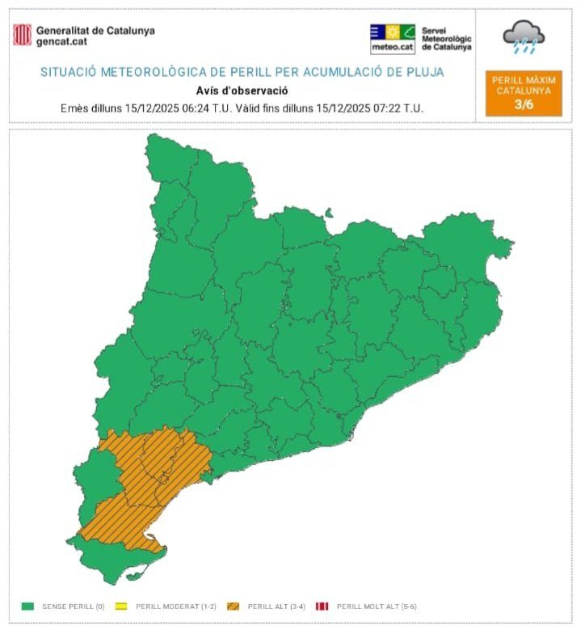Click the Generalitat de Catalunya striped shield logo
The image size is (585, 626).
23,35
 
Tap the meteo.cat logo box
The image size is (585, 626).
393,38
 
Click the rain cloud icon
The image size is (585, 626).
523,36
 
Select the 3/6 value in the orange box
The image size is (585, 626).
524,104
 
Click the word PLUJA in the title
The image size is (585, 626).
426,72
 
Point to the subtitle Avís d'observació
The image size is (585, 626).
242,91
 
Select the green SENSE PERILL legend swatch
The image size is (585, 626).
27,606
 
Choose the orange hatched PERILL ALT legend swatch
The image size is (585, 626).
234,606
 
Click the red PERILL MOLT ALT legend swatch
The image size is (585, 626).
322,606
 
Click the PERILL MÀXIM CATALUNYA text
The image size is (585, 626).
524,85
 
